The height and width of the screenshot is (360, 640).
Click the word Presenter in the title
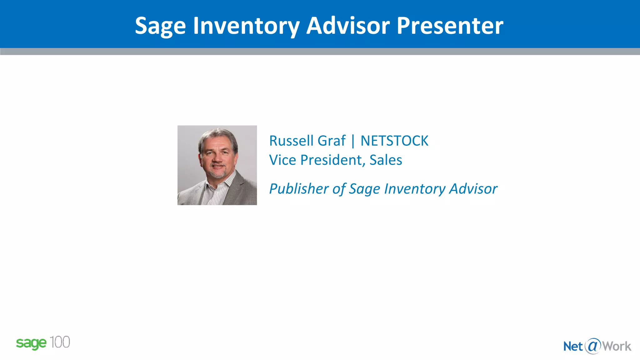point(450,26)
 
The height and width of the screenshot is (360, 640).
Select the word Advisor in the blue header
point(348,26)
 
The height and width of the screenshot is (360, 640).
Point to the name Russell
point(292,141)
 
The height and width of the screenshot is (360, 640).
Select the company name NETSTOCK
point(394,141)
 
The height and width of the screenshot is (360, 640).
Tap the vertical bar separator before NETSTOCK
point(353,141)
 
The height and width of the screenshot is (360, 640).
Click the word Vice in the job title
point(282,160)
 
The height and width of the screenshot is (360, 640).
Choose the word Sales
point(386,160)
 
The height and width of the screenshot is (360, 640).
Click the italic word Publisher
point(299,189)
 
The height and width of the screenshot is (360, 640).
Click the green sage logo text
point(31,343)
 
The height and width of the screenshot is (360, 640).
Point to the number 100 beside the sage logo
point(60,342)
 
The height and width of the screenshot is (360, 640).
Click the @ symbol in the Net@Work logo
point(593,346)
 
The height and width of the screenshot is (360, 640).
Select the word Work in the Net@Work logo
point(617,346)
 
